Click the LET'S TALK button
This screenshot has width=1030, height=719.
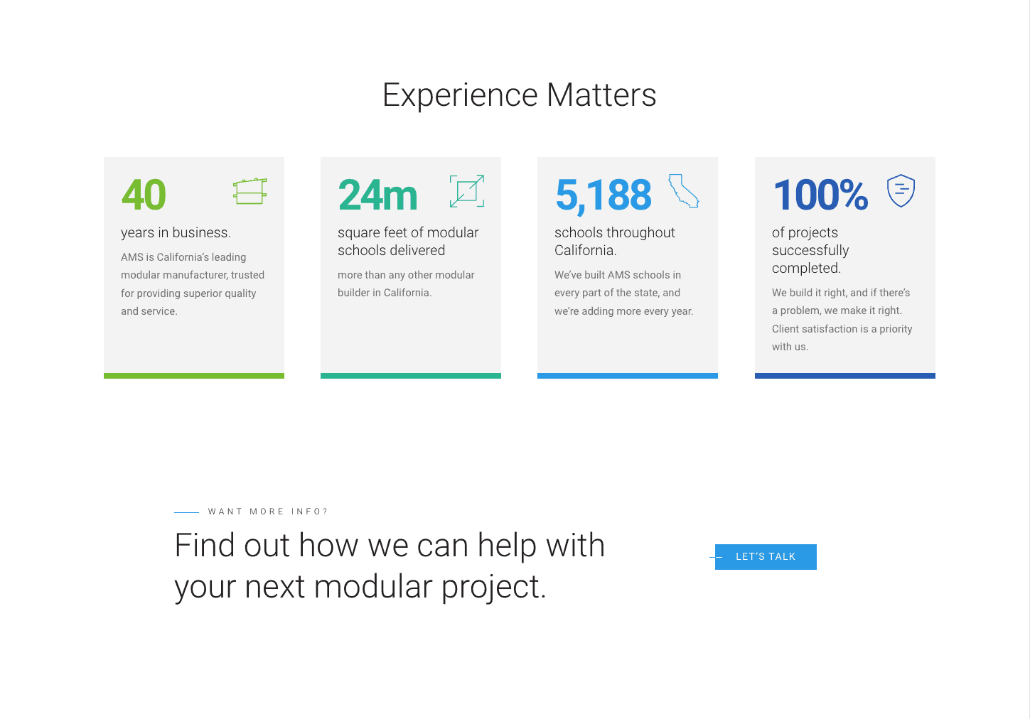766,557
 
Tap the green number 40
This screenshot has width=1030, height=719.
144,195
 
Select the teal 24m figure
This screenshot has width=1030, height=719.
377,195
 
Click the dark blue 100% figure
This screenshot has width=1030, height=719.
821,195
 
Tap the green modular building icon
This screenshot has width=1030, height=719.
250,191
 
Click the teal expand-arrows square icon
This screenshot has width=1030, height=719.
467,191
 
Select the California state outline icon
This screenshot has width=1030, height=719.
683,191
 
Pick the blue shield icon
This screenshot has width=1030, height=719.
901,190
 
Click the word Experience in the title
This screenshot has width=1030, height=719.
460,96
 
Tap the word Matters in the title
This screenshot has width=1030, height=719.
601,95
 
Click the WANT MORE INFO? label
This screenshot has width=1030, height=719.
267,512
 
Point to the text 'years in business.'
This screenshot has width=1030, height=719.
176,232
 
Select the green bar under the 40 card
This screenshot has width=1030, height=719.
194,376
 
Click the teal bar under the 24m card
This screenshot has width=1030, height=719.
411,376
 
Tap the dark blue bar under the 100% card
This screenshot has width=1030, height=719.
844,376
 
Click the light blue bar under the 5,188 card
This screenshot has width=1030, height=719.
627,376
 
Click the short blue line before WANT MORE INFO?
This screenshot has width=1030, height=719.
186,512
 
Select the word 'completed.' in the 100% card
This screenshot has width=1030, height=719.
806,268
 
